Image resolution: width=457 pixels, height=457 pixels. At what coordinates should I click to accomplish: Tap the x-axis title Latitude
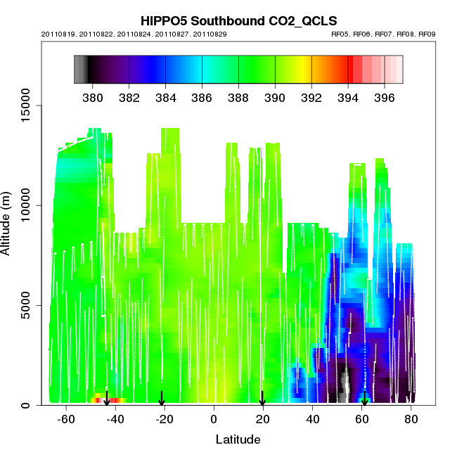pyautogui.click(x=238, y=439)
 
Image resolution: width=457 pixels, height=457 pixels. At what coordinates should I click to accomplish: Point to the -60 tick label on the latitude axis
pyautogui.click(x=66, y=419)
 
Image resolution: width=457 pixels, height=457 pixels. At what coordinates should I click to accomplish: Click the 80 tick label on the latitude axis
pyautogui.click(x=411, y=419)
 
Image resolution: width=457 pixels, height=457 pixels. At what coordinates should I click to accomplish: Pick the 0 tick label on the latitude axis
pyautogui.click(x=214, y=419)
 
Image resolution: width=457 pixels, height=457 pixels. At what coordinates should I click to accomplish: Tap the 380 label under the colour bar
pyautogui.click(x=92, y=97)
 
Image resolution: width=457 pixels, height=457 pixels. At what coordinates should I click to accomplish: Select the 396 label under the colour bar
pyautogui.click(x=384, y=97)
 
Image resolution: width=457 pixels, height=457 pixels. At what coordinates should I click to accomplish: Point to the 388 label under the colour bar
pyautogui.click(x=238, y=97)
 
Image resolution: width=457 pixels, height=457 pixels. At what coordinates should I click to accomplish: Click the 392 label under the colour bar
pyautogui.click(x=311, y=97)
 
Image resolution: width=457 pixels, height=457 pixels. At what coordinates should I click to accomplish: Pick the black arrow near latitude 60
pyautogui.click(x=364, y=399)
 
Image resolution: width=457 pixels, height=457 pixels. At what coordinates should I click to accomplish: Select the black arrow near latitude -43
pyautogui.click(x=107, y=399)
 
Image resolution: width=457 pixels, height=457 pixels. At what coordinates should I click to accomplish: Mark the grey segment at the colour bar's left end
pyautogui.click(x=80, y=70)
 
